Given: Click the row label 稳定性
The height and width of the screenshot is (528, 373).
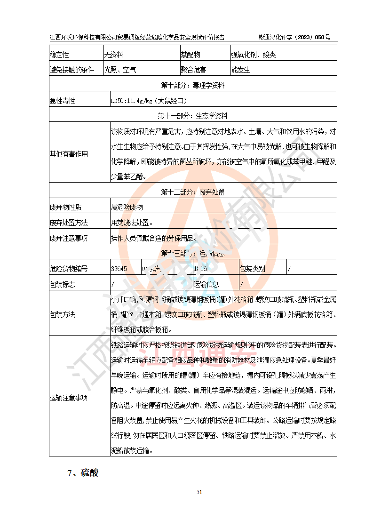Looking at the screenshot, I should [60, 55].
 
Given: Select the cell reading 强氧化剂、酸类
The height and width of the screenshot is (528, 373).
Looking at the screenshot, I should [253, 55].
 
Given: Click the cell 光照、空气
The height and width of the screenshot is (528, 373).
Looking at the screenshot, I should [120, 70].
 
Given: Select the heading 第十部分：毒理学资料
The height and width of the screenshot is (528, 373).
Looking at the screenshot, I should [193, 86].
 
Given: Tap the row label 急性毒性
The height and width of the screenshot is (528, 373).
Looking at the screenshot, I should [63, 101].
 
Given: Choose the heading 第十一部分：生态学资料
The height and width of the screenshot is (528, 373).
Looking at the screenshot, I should [193, 116].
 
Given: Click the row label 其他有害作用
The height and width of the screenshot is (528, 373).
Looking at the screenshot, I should [69, 153].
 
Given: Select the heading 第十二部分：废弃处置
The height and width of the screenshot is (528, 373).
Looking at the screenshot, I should [193, 192].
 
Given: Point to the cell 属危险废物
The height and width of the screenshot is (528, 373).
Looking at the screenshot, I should [127, 207].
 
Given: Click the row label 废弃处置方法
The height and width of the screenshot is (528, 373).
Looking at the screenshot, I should [69, 222].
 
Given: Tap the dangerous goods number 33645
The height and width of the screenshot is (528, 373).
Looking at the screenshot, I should [119, 269].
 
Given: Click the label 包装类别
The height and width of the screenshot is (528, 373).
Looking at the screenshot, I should [253, 269].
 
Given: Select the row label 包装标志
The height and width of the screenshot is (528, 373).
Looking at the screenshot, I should [63, 284].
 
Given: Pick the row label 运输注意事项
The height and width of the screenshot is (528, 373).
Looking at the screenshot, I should [69, 398].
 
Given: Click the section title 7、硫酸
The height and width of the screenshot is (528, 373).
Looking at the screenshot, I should [83, 473].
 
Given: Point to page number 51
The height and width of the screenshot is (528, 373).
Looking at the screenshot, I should [199, 492].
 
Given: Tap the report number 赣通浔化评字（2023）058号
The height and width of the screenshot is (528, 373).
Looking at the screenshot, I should [294, 37].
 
